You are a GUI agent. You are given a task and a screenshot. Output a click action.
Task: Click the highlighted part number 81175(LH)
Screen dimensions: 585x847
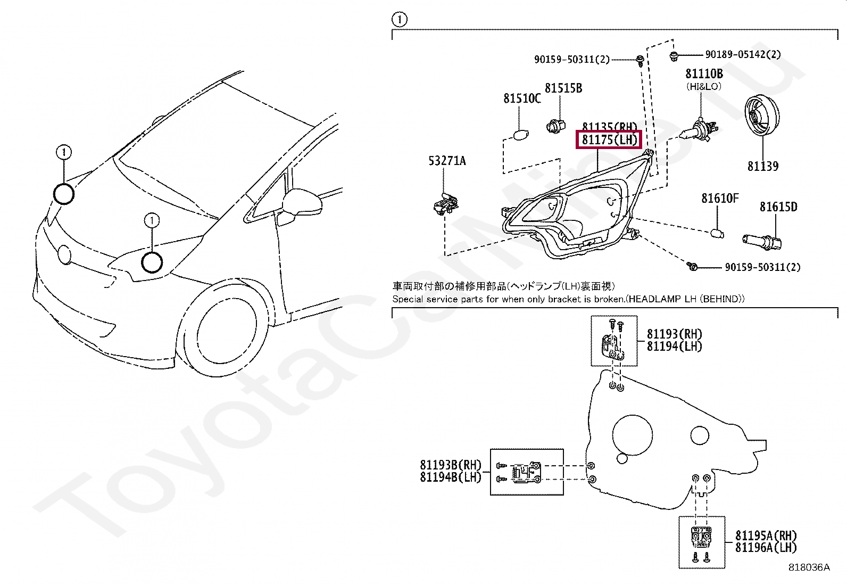pyautogui.click(x=609, y=141)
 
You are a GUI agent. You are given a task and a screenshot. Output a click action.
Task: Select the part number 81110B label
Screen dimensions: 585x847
pyautogui.click(x=704, y=74)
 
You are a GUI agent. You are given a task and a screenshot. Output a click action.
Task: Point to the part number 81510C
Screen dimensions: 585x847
pyautogui.click(x=522, y=98)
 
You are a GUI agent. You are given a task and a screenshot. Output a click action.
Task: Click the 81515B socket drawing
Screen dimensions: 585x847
pyautogui.click(x=554, y=126)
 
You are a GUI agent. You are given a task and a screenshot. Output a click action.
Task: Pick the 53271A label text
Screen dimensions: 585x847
pyautogui.click(x=447, y=160)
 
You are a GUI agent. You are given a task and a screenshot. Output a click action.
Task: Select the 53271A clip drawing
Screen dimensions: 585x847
pyautogui.click(x=445, y=204)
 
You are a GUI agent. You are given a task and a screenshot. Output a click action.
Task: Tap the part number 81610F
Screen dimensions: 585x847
pyautogui.click(x=720, y=199)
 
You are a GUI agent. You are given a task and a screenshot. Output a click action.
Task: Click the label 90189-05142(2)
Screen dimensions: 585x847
pyautogui.click(x=743, y=54)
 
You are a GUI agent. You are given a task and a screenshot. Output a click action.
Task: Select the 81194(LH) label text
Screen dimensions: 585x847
pyautogui.click(x=674, y=347)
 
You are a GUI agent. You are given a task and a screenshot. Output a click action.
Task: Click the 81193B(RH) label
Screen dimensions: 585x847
pyautogui.click(x=451, y=465)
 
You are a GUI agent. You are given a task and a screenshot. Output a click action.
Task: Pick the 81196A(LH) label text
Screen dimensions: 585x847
pyautogui.click(x=766, y=547)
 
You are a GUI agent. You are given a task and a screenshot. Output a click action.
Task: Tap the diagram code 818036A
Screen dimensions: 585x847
pyautogui.click(x=809, y=567)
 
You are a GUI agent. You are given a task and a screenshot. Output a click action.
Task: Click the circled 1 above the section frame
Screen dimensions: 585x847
pyautogui.click(x=399, y=20)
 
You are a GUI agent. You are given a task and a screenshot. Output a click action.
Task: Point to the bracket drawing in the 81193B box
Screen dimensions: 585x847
pyautogui.click(x=525, y=472)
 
